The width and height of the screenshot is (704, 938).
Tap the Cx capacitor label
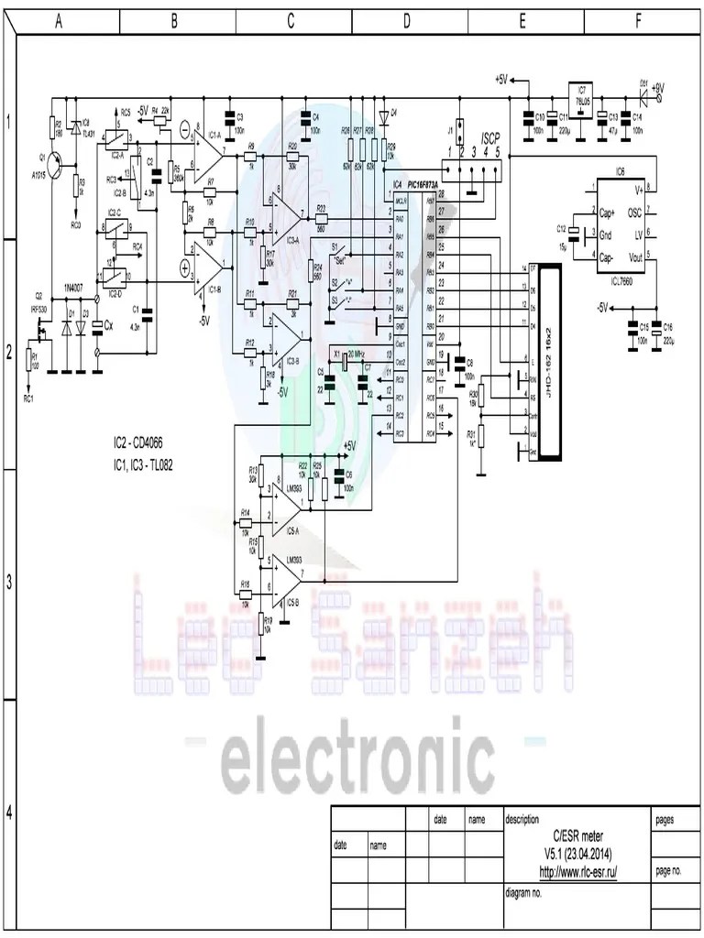pyautogui.click(x=108, y=325)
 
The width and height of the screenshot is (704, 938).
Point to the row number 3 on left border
pyautogui.click(x=8, y=583)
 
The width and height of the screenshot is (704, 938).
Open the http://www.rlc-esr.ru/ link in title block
pyautogui.click(x=577, y=872)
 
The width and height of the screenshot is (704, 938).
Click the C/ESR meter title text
pyautogui.click(x=577, y=837)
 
